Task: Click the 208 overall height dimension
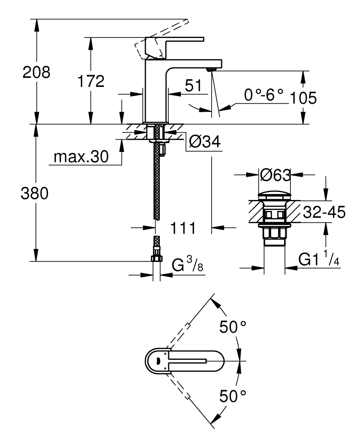[36, 72]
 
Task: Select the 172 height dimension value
[90, 81]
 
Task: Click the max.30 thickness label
[81, 157]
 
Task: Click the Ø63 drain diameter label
[275, 175]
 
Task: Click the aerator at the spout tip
[212, 69]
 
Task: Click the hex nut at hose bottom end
[156, 258]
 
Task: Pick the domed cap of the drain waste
[274, 196]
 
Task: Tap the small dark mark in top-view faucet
[158, 361]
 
